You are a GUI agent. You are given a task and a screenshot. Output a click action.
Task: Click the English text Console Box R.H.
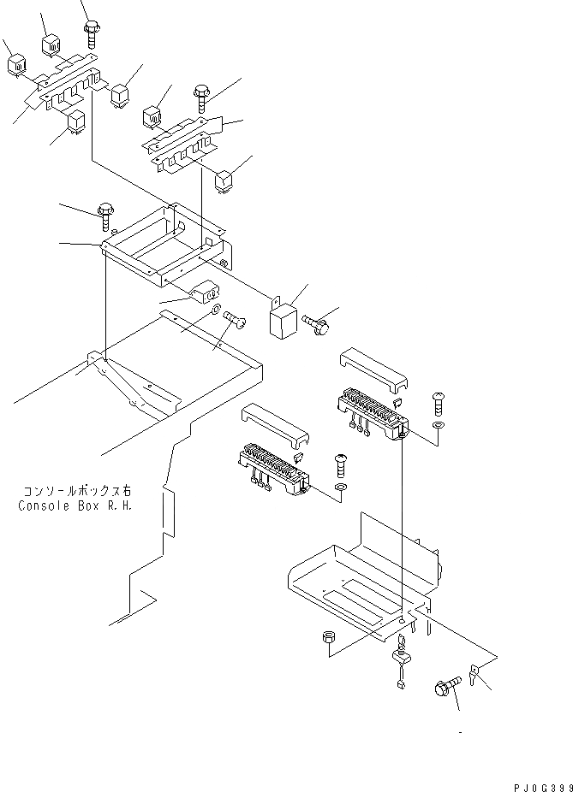click(75, 505)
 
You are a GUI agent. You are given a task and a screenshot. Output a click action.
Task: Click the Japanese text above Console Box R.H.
click(77, 491)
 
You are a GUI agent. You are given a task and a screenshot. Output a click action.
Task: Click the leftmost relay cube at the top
click(17, 67)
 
